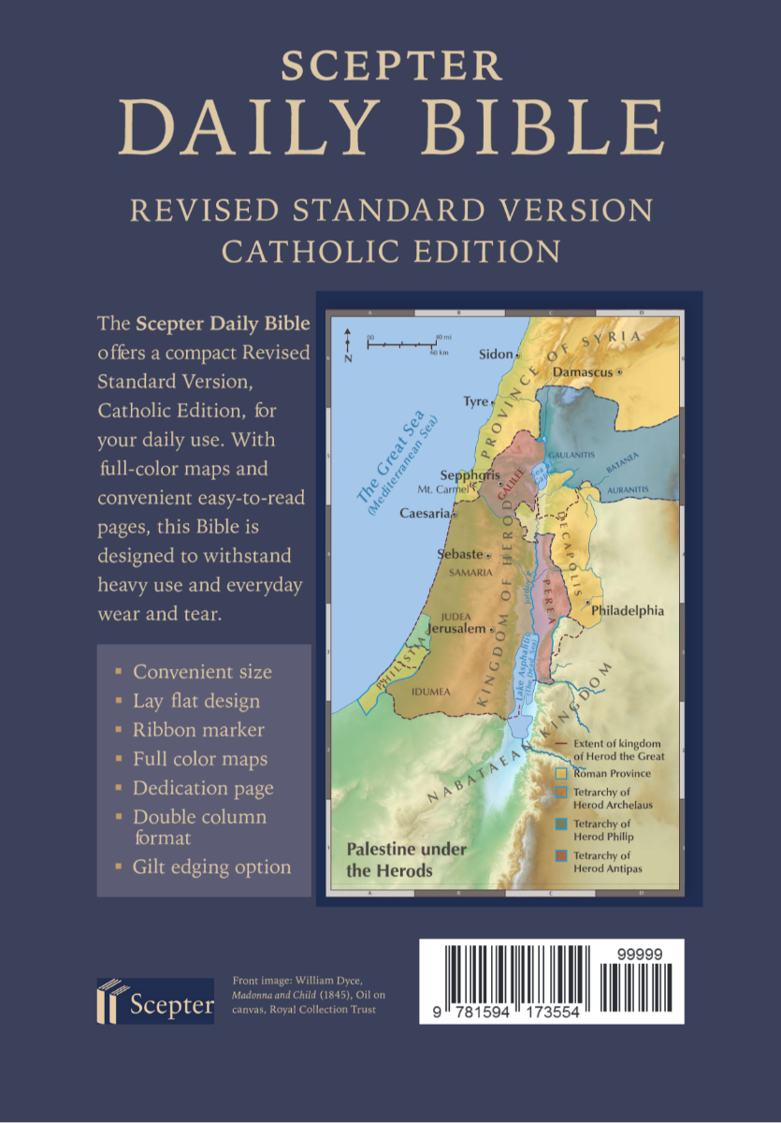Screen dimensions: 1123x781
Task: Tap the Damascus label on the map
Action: [582, 372]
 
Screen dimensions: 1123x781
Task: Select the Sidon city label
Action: [496, 354]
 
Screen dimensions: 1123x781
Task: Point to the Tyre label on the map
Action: [476, 401]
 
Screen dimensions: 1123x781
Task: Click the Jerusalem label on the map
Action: [456, 630]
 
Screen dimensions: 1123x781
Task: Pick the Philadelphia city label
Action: [628, 610]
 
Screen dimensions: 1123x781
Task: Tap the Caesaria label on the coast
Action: [426, 513]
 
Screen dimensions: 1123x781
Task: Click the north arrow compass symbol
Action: [347, 343]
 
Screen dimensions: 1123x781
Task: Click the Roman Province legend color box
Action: [561, 774]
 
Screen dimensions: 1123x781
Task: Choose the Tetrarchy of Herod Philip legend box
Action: [561, 824]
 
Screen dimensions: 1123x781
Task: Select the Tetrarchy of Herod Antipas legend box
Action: [561, 856]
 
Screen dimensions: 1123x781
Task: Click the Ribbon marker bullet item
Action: [198, 730]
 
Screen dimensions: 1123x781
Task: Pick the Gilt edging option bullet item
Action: [211, 867]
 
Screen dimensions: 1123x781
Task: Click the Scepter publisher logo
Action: [155, 1000]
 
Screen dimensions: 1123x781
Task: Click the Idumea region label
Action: [431, 692]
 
